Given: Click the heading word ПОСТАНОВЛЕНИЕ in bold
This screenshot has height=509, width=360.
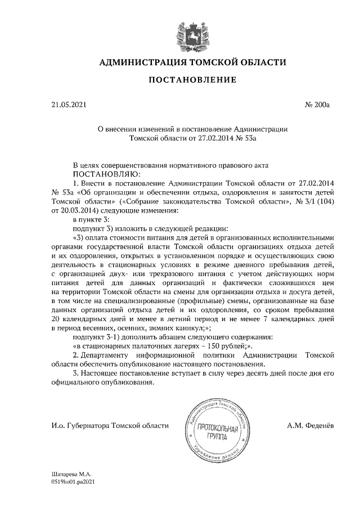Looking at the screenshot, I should pyautogui.click(x=192, y=80).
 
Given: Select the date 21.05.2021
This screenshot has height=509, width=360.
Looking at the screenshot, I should pyautogui.click(x=67, y=105).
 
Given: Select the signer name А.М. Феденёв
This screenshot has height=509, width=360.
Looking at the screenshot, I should pyautogui.click(x=310, y=425).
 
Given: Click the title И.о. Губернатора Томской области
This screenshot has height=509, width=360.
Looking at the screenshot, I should pyautogui.click(x=106, y=425).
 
